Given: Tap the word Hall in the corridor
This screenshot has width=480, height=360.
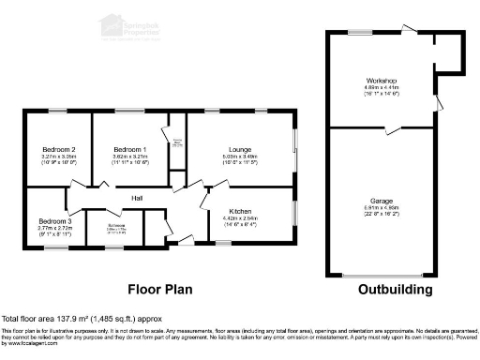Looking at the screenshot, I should (137, 198).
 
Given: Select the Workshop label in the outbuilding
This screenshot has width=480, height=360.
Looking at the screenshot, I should (382, 82).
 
